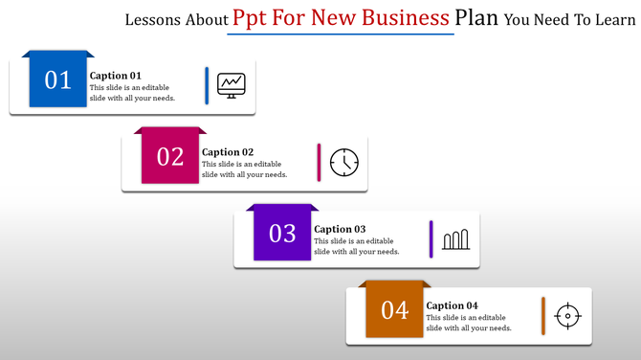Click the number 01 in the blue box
(x=58, y=80)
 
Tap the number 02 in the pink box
(x=170, y=157)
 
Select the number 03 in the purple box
(x=282, y=234)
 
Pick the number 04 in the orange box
(x=395, y=310)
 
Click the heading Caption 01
(x=116, y=76)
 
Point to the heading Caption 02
(x=228, y=152)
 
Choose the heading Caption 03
(x=340, y=229)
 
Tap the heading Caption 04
(x=453, y=305)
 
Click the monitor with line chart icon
(x=231, y=85)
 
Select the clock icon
(x=343, y=162)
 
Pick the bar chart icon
(x=455, y=238)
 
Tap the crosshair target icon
(x=568, y=315)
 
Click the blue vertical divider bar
(x=207, y=85)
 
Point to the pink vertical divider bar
(x=319, y=162)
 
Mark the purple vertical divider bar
(x=431, y=238)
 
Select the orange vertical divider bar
(x=543, y=315)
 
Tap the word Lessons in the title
(x=157, y=19)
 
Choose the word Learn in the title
(x=608, y=19)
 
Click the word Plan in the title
(x=475, y=18)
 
